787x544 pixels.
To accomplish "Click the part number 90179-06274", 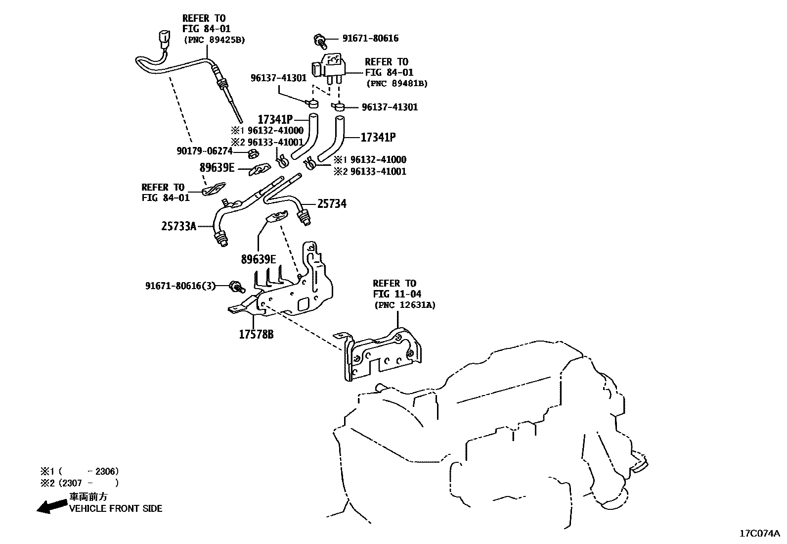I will tap(204, 150).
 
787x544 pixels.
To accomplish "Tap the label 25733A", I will tap(178, 227).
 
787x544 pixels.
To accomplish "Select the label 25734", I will tap(332, 203).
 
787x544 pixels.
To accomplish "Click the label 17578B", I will tap(256, 335).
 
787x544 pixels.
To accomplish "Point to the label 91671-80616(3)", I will tap(180, 286).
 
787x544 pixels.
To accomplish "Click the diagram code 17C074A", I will tap(759, 534).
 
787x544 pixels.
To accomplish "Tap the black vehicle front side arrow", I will tap(52, 506).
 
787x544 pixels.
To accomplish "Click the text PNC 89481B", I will tap(397, 84).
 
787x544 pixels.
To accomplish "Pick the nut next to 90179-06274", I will tap(252, 151).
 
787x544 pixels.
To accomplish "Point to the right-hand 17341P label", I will tap(378, 137).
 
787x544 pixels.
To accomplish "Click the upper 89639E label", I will tap(217, 168).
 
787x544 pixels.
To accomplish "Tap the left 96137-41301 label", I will tap(278, 78).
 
